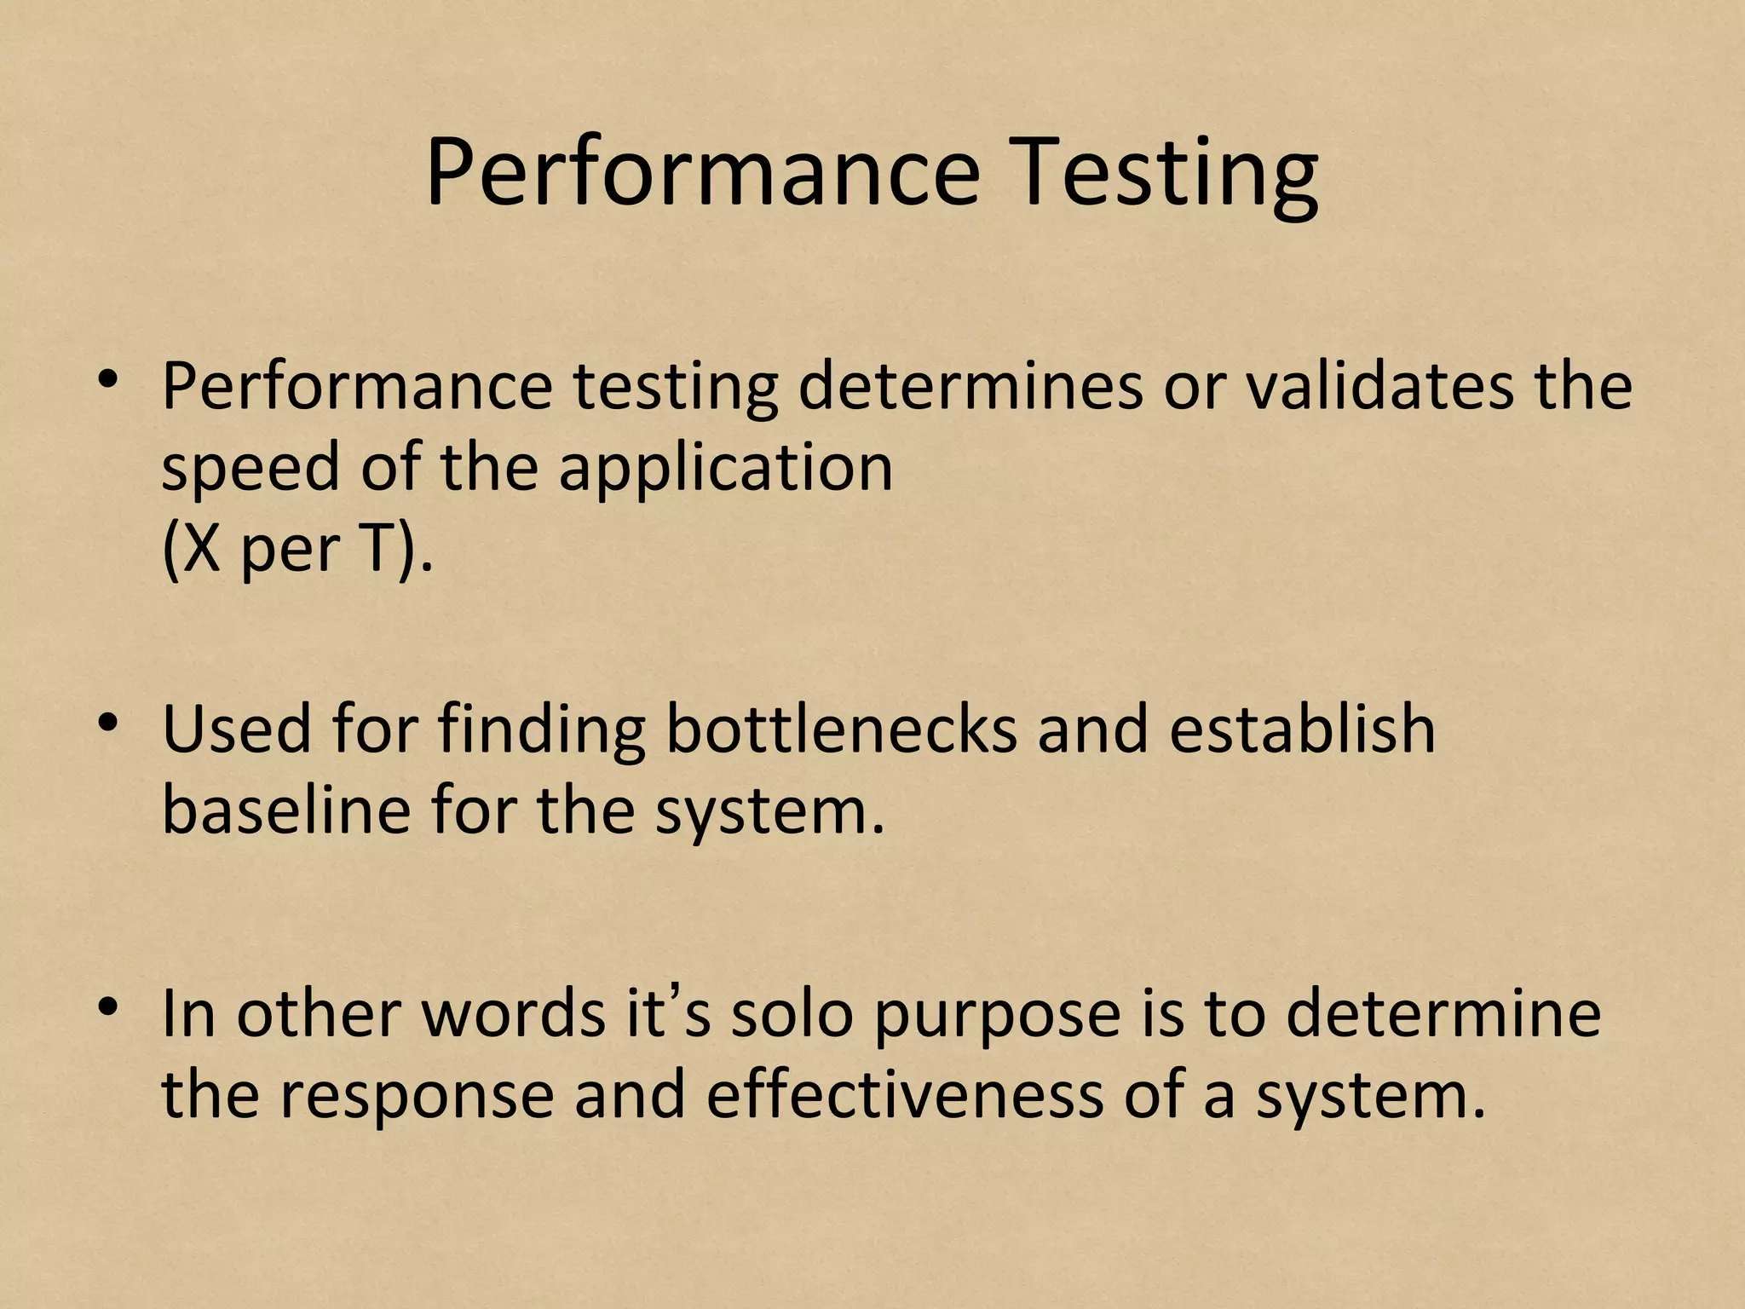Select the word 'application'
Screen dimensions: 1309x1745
click(725, 469)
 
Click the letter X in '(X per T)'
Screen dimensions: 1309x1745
click(202, 549)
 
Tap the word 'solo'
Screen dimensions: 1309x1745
click(792, 1014)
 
